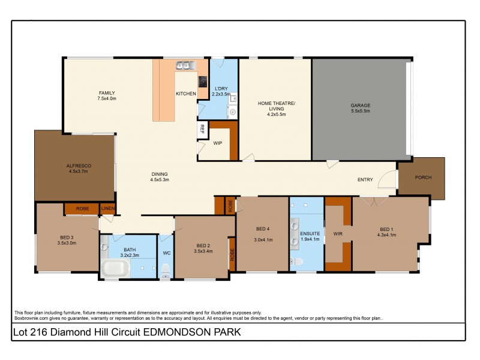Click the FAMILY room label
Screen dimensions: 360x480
(107, 95)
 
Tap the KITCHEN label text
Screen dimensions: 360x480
(185, 94)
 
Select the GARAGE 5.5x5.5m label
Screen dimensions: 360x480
(360, 109)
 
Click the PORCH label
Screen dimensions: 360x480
(423, 178)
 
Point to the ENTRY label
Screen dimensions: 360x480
(365, 179)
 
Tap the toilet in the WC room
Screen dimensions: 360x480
(166, 271)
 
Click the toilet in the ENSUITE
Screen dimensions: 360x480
(298, 262)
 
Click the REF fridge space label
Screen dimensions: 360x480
(202, 128)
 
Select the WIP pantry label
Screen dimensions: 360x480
(218, 143)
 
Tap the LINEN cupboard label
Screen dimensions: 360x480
(107, 209)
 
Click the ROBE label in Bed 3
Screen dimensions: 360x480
(82, 209)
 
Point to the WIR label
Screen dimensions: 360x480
(337, 233)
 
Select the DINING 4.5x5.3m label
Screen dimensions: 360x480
(160, 177)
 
